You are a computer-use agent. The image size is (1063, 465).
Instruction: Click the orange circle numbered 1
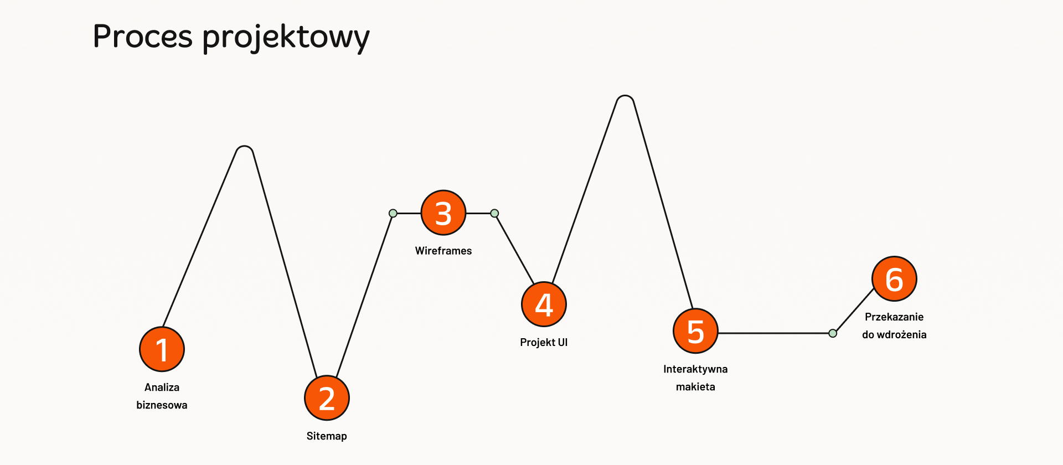pos(162,349)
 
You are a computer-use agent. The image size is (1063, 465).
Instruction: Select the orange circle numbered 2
pos(327,398)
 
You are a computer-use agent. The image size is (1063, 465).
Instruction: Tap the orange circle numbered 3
pos(443,213)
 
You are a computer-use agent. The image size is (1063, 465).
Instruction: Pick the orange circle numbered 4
pos(544,304)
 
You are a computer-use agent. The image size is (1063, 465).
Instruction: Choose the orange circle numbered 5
pos(695,331)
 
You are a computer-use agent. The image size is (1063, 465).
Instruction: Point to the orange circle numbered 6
pos(894,278)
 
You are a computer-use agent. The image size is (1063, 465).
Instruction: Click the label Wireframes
pos(443,251)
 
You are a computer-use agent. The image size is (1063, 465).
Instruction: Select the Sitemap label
pos(327,436)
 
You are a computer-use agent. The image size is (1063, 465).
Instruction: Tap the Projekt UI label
pos(544,342)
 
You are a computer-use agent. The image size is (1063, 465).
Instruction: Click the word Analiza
pos(162,387)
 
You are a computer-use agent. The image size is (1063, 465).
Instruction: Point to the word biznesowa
pos(162,405)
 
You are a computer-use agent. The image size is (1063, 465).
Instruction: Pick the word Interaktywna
pos(695,369)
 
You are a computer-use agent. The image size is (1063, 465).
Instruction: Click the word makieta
pos(695,387)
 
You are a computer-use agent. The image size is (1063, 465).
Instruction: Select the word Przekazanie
pos(894,317)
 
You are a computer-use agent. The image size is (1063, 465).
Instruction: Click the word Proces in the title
pos(143,37)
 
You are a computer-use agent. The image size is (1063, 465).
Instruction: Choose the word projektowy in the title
pos(286,38)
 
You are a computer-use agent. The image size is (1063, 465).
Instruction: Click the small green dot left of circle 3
pos(393,213)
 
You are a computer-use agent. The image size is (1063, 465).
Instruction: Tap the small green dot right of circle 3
pos(495,213)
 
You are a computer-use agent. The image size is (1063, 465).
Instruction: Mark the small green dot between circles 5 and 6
pos(833,333)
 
